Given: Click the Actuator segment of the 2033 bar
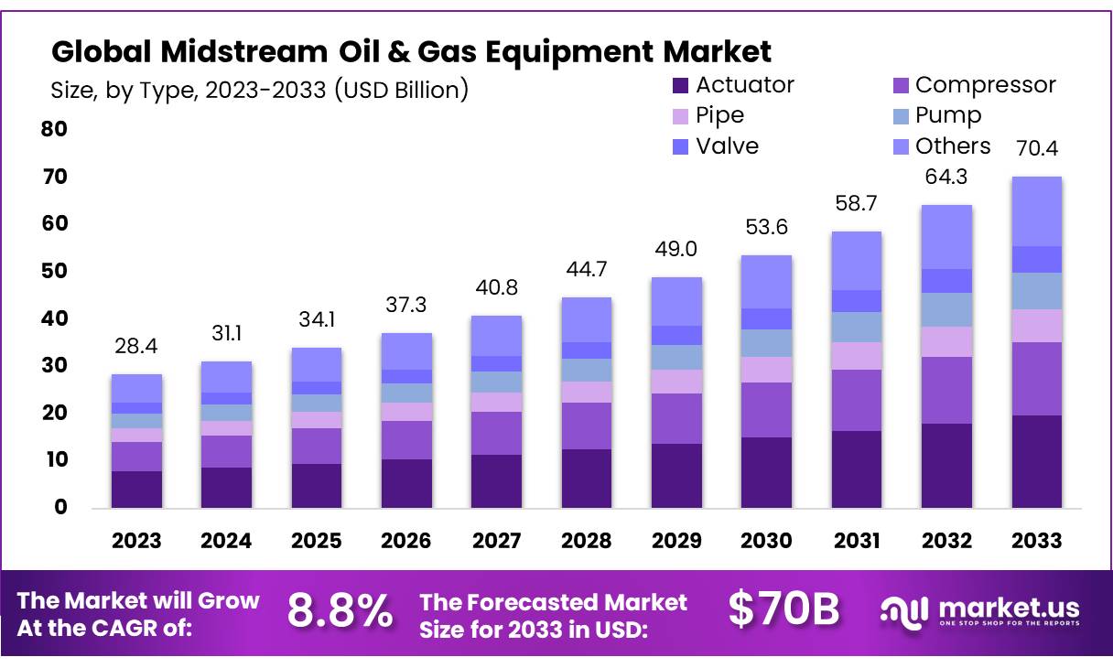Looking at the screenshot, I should pyautogui.click(x=1036, y=461).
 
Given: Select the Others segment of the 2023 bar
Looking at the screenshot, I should pyautogui.click(x=136, y=388).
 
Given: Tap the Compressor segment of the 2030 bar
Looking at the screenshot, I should pyautogui.click(x=765, y=410).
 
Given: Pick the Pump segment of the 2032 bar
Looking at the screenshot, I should pyautogui.click(x=946, y=309).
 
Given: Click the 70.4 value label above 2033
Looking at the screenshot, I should pyautogui.click(x=1037, y=148).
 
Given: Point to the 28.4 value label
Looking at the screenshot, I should pyautogui.click(x=136, y=347).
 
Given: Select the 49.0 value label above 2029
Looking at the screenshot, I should pyautogui.click(x=676, y=250).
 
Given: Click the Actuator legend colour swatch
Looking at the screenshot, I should pyautogui.click(x=680, y=86).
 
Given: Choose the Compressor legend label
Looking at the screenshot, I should pyautogui.click(x=985, y=85).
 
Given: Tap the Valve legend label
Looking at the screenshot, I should pyautogui.click(x=727, y=146).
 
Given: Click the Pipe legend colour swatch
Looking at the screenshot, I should pyautogui.click(x=680, y=116).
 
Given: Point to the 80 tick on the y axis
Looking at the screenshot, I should pyautogui.click(x=55, y=129).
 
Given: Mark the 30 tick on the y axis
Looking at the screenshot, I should pyautogui.click(x=55, y=366).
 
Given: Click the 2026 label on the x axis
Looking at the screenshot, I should pyautogui.click(x=405, y=541).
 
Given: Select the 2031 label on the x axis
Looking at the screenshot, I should pyautogui.click(x=856, y=541).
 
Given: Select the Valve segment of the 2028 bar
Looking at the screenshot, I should pyautogui.click(x=586, y=350).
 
